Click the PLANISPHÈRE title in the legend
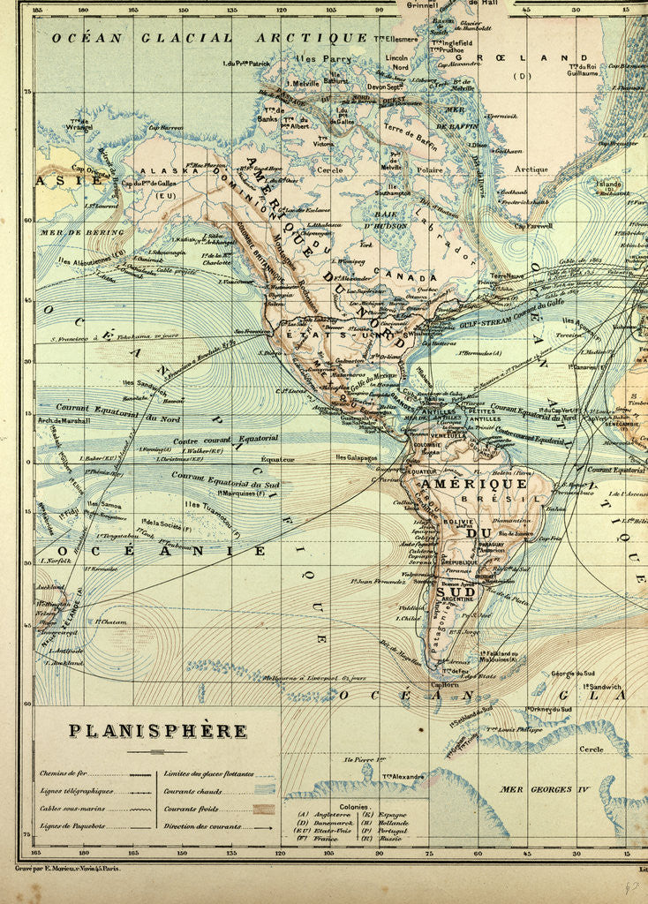(158, 731)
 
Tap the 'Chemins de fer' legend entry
(64, 772)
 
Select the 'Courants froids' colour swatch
(263, 809)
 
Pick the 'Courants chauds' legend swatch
(263, 791)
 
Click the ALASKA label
(155, 175)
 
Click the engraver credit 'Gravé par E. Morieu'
(70, 869)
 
